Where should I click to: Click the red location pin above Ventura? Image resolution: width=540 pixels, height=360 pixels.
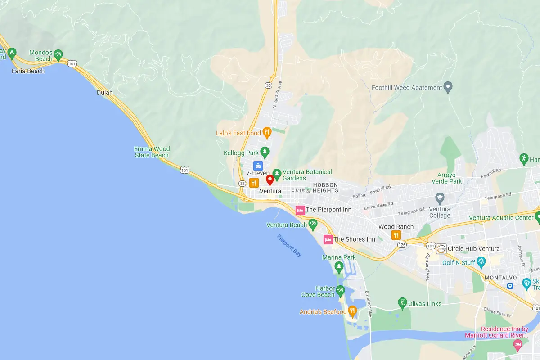pos(270,180)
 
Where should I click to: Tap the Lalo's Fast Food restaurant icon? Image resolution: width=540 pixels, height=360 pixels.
pos(266,132)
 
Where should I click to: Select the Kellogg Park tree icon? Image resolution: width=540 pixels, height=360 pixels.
pos(265,152)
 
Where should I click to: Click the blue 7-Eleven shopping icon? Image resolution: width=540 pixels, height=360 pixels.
pos(258,166)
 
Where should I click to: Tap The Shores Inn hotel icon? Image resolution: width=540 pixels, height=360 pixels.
pos(328,239)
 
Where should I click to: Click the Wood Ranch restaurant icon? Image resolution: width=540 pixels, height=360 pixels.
pos(396,235)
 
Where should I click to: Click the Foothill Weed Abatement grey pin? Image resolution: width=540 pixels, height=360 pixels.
pos(448,87)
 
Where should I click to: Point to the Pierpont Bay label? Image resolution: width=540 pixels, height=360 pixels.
pos(289,246)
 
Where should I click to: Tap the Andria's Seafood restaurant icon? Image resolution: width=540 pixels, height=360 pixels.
pos(352,310)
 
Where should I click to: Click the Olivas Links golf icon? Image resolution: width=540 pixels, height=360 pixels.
pos(403,303)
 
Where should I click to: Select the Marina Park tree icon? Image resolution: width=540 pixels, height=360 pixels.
pos(339,267)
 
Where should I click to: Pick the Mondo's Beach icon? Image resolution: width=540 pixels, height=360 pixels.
pos(58,55)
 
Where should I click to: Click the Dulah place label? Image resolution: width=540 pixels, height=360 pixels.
pos(105,93)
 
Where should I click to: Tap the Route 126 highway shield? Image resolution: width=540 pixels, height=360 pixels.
pos(402,244)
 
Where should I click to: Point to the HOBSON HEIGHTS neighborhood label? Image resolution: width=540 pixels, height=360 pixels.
pos(325,188)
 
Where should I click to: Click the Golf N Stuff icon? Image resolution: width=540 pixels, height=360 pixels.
pos(481,261)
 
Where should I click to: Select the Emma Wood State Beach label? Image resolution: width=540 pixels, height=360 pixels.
pos(152,152)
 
